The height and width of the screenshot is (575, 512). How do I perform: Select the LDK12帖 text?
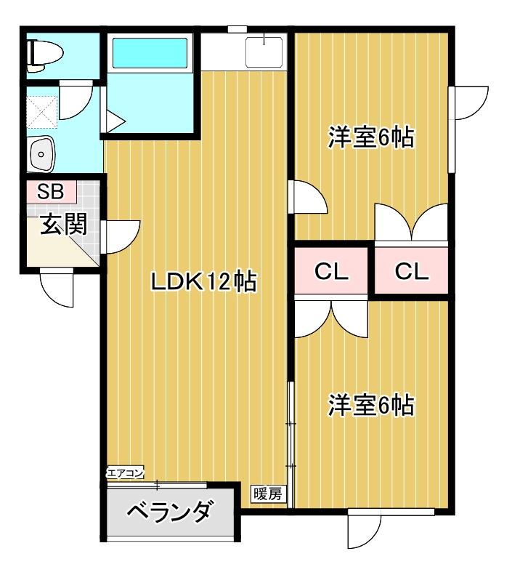point(203,281)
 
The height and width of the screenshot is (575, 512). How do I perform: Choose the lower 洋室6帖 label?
point(370,405)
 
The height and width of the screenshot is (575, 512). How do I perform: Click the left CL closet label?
point(332,272)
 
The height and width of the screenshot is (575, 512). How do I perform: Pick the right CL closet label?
point(412,272)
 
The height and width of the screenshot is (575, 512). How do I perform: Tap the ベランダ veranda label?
point(170,512)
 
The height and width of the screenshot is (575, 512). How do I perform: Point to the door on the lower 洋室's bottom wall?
point(365,529)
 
